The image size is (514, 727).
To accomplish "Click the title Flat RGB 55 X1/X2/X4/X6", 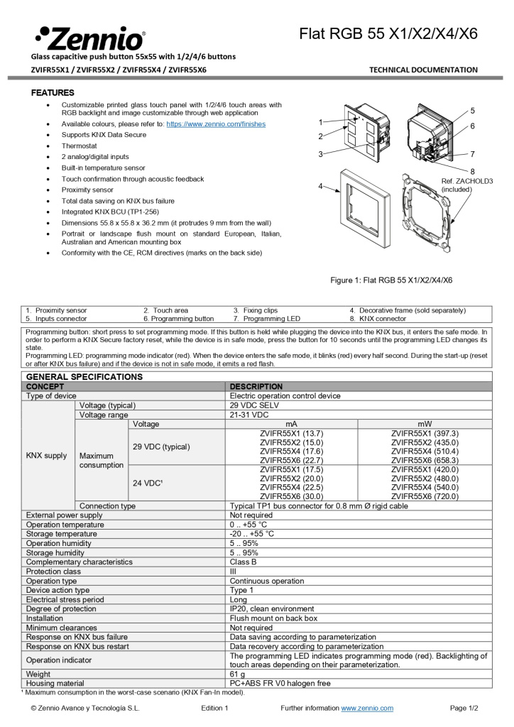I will (388, 33).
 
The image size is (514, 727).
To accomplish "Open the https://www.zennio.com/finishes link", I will (216, 124).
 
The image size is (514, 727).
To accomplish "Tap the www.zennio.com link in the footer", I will (367, 708).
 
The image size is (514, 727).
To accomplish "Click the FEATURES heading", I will (53, 93).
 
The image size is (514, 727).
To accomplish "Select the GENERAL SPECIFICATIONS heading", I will (84, 376).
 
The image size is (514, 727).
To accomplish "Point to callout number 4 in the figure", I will (320, 186).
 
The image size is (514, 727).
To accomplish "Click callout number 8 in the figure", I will (473, 170).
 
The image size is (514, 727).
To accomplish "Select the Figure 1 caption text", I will (391, 280).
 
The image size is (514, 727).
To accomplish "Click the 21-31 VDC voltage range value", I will (249, 415).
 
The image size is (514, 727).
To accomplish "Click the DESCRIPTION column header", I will (256, 386).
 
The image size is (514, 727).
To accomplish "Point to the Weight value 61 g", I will (237, 673).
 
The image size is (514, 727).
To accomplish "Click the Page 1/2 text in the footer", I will (464, 708).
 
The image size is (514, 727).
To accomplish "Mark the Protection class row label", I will (53, 571).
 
